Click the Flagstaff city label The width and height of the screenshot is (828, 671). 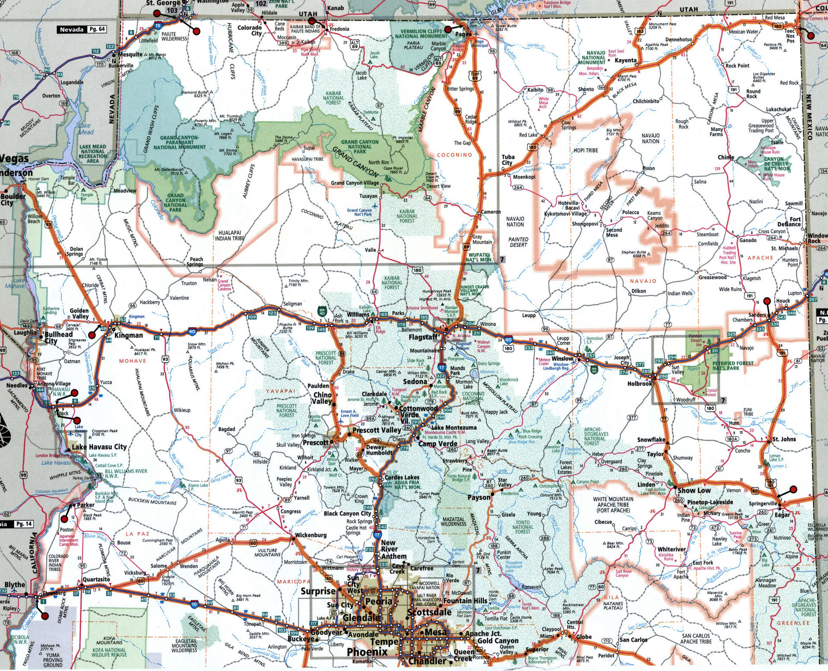[x=423, y=337]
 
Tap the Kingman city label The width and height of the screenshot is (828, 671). [x=128, y=335]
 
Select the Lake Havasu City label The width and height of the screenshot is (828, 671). [x=99, y=447]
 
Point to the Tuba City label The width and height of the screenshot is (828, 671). [x=508, y=160]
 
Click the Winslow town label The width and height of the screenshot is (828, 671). [x=562, y=358]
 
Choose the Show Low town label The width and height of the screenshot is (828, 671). [x=694, y=491]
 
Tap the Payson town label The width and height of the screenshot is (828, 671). [x=479, y=497]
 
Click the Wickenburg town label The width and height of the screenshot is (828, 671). [x=311, y=535]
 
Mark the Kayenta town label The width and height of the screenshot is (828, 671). [x=625, y=60]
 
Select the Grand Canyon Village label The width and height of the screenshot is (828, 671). [x=355, y=183]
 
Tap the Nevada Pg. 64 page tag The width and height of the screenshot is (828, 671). [x=82, y=30]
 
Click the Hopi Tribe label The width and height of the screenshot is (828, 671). [x=586, y=150]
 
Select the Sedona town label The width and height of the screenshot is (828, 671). [x=415, y=382]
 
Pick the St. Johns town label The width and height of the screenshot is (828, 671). [x=784, y=439]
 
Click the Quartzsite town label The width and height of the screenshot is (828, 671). [x=96, y=579]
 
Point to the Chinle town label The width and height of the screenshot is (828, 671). [x=726, y=158]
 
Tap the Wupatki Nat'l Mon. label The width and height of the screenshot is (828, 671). [x=480, y=257]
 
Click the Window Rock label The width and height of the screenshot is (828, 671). [x=818, y=238]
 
